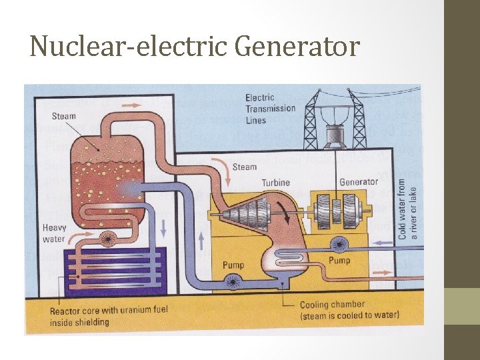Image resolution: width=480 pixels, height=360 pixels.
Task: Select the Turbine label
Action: click(275, 182)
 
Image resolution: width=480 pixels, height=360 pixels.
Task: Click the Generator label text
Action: click(359, 182)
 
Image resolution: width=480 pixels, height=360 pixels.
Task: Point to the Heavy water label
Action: click(54, 233)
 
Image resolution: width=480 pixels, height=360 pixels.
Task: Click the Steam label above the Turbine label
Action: click(245, 167)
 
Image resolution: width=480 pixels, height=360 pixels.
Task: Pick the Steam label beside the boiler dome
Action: click(64, 116)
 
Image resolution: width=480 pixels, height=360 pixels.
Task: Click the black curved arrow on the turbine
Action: click(289, 212)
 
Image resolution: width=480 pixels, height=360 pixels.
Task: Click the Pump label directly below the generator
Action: click(339, 260)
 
